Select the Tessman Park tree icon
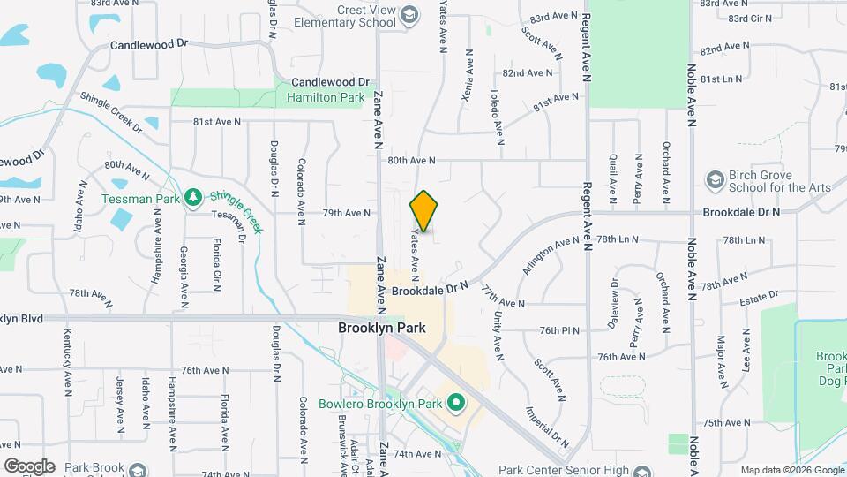pos(193,198)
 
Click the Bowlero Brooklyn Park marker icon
pos(456,405)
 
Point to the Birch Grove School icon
pos(714,180)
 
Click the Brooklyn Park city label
pos(382,328)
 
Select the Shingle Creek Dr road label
pos(110,112)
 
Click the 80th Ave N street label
pos(412,160)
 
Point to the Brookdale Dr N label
pos(741,213)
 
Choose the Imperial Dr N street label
pos(548,424)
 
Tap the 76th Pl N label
pos(559,331)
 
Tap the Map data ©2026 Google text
pos(791,470)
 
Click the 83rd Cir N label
pos(750,18)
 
